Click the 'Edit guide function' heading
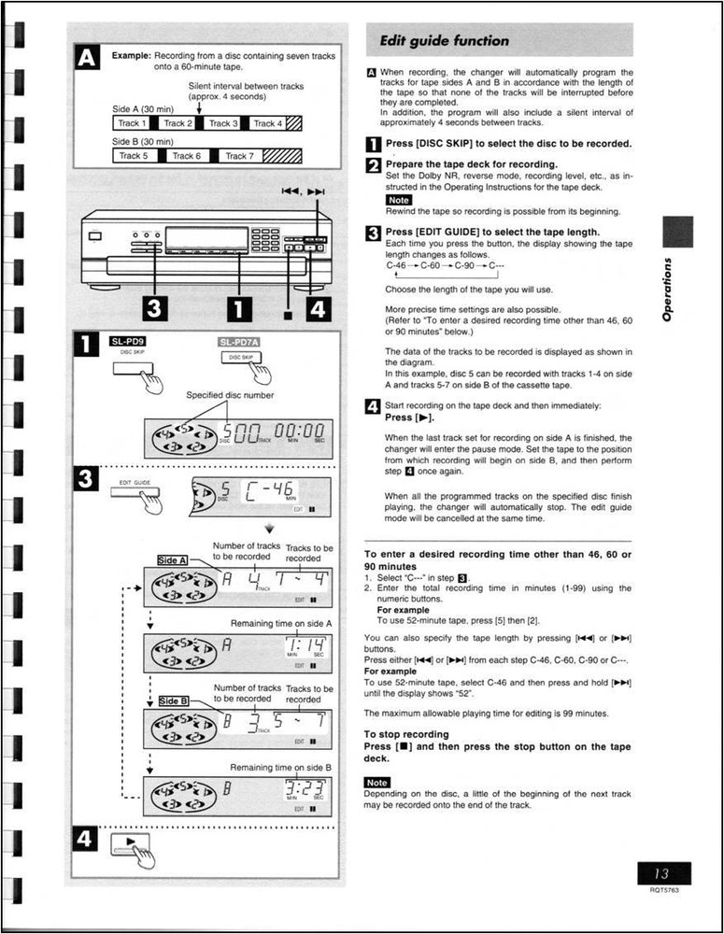tap(445, 41)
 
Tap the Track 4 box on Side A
tap(264, 122)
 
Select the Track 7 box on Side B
tap(240, 156)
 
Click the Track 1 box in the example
tap(132, 122)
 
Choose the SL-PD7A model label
tap(239, 342)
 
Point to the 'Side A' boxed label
tap(174, 559)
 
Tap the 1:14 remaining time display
tap(305, 647)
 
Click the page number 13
tap(661, 874)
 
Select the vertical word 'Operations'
tap(667, 290)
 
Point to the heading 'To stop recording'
tap(406, 734)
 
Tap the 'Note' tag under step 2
tap(399, 200)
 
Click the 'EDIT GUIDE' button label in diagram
tap(135, 482)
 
